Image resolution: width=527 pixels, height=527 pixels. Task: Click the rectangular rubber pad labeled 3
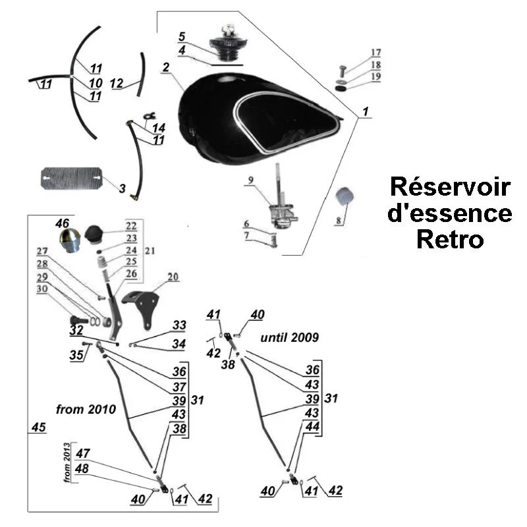(70, 178)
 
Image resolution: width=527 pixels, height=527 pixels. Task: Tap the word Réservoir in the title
(450, 187)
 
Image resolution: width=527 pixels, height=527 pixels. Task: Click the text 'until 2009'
(290, 337)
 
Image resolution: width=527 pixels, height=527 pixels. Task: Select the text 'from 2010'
(86, 409)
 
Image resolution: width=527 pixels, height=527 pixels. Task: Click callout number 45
(38, 428)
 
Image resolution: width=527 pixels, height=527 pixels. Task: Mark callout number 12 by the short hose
(116, 84)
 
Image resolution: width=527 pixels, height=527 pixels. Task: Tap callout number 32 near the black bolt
(76, 330)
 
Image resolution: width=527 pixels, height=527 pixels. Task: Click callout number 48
(83, 468)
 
